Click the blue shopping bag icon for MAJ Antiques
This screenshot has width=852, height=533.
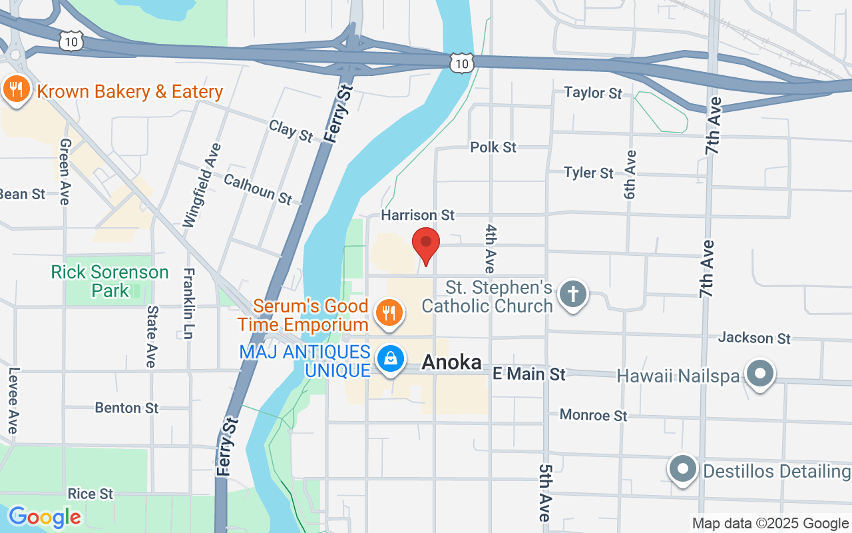tap(391, 359)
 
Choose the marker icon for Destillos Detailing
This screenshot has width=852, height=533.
tap(682, 469)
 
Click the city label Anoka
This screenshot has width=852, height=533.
tap(451, 362)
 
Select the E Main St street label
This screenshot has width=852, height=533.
tap(529, 374)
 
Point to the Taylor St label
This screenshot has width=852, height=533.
tap(593, 93)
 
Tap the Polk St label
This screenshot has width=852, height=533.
tap(493, 147)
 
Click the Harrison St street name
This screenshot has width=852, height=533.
tap(417, 215)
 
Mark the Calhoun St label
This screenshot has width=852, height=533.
tap(258, 189)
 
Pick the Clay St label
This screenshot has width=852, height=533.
tap(291, 131)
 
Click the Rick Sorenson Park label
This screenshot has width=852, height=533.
tap(110, 281)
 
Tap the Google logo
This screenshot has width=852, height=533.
tap(45, 516)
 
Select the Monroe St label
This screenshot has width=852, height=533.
tap(593, 415)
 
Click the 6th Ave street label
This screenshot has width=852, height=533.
tap(630, 175)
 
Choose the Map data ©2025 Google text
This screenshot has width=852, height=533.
tap(770, 524)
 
